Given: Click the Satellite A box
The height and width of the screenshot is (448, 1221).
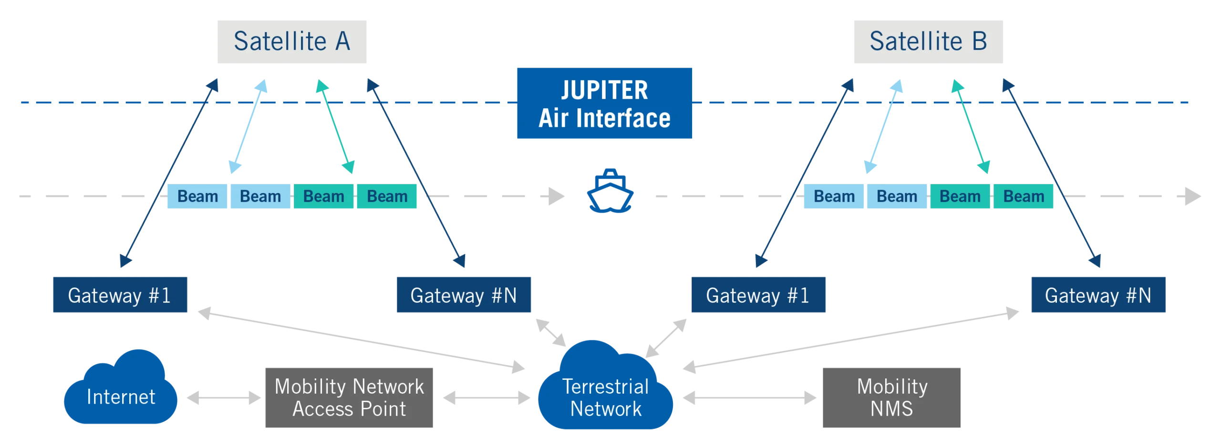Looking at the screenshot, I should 293,42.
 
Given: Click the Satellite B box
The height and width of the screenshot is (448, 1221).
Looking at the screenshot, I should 927,42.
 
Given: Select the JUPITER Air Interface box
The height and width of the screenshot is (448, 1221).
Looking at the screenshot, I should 604,103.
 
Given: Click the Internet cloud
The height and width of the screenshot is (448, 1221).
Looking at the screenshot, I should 120,396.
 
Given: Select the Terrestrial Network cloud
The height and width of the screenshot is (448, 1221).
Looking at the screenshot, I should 606,396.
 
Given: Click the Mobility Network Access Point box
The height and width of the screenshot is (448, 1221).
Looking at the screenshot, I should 349,398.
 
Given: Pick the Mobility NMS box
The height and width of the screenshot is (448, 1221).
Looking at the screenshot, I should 890,398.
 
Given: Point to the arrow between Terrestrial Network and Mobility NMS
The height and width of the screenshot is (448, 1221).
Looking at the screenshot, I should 749,398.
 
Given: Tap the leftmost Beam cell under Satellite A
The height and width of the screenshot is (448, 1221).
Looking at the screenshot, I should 197,196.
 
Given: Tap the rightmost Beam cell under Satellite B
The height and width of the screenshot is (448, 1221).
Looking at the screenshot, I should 1024,196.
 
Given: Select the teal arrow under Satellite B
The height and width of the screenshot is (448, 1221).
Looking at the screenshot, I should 971,126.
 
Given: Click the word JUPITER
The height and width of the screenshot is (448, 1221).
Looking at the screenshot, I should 604,90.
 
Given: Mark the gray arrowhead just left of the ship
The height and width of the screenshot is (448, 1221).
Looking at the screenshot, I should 556,196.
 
